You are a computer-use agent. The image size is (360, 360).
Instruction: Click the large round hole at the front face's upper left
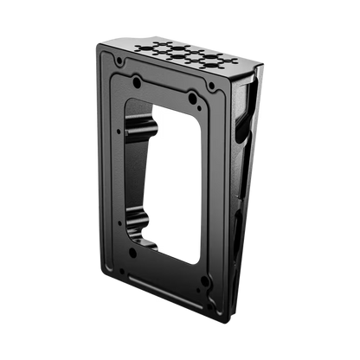(137, 83)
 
